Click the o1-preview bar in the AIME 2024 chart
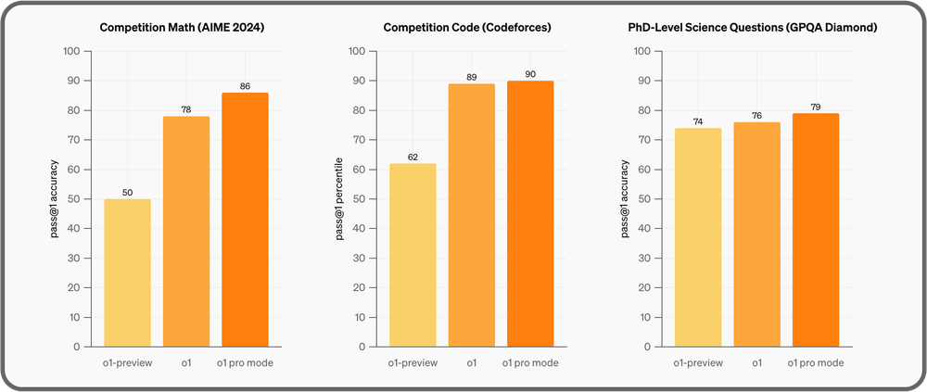[128, 272]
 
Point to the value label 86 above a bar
[246, 85]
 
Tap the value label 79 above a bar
[815, 107]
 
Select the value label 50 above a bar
[128, 192]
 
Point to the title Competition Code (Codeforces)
[467, 28]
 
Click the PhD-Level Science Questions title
[753, 28]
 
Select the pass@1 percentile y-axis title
[339, 198]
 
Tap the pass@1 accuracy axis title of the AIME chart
[55, 198]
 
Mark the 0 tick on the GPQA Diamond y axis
[656, 347]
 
